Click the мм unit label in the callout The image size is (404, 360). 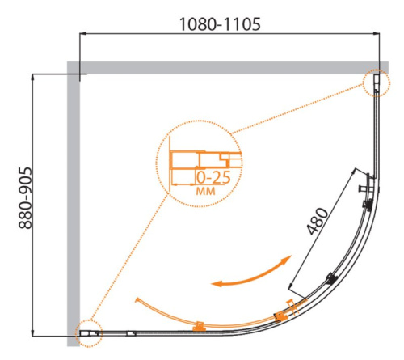coord(206,192)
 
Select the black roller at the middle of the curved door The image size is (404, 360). coord(330,279)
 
